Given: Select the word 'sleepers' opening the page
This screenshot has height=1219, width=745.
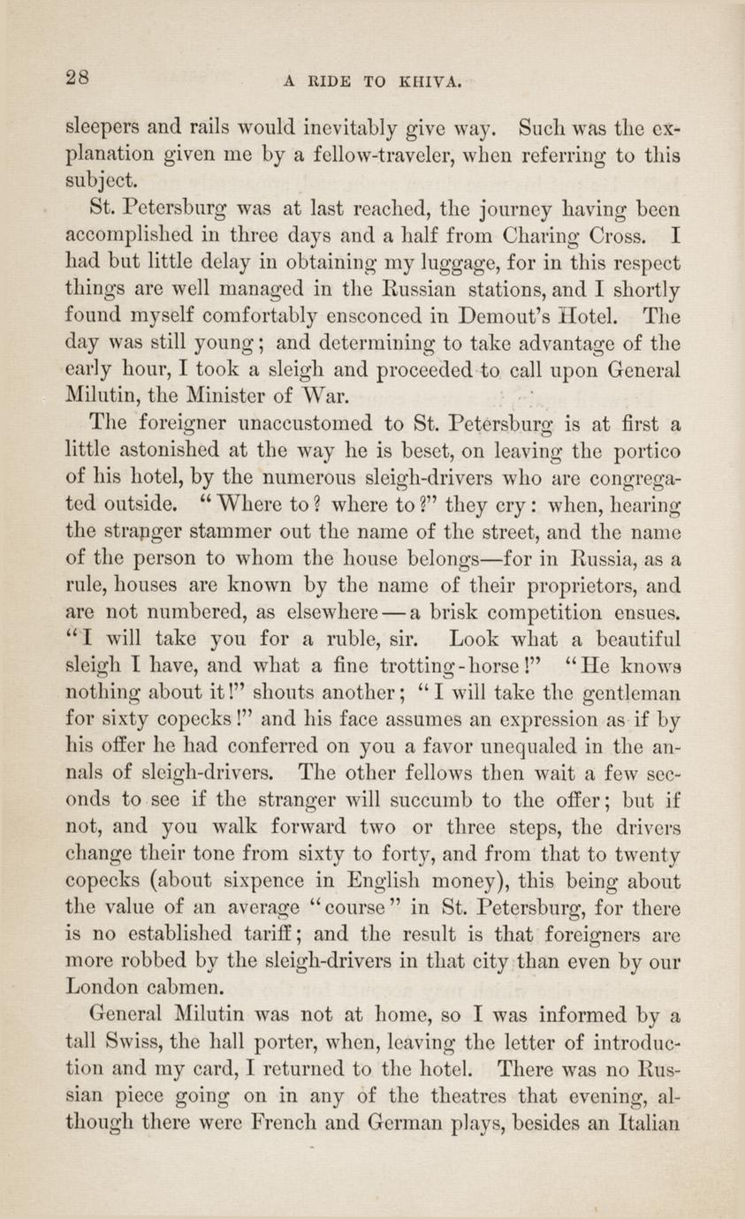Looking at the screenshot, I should click(103, 125).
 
